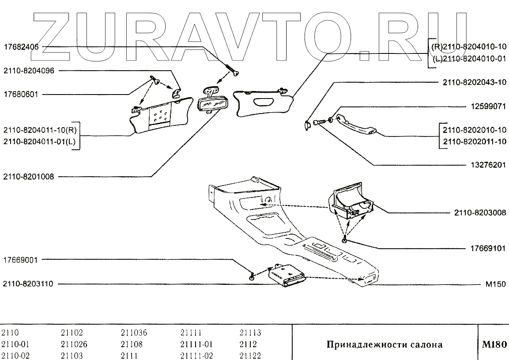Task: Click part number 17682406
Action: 21,46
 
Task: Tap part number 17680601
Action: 21,94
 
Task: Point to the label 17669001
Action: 21,260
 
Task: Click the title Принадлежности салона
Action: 384,345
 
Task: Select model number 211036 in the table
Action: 134,333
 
